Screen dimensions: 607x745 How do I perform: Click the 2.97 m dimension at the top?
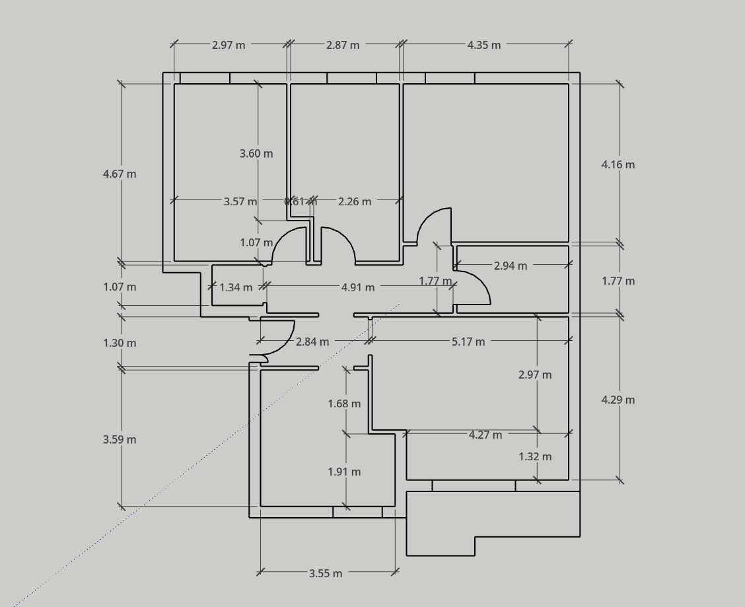229,45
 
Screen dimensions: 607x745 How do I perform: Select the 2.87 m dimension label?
343,45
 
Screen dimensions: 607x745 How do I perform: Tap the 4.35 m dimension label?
484,45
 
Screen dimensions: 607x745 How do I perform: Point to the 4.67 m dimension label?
120,174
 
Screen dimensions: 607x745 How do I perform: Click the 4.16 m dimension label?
618,164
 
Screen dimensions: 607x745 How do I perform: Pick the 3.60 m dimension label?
256,153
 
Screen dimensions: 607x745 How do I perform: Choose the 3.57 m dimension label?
240,201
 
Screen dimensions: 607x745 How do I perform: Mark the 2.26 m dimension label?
355,201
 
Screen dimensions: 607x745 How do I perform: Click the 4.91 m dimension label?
358,287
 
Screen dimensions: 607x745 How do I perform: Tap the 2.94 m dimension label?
511,266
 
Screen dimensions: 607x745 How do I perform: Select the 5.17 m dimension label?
468,341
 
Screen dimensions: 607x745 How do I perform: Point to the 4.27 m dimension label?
485,435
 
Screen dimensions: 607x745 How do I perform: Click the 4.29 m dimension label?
618,400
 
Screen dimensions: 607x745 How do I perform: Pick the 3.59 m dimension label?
120,439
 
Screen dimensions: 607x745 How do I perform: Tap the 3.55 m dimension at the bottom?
326,573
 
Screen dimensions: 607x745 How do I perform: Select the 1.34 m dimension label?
236,287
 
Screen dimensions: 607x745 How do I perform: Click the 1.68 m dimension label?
344,403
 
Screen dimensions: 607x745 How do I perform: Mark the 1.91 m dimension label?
344,472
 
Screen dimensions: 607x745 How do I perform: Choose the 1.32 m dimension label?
535,456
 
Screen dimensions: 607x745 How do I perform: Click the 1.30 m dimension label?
120,343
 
